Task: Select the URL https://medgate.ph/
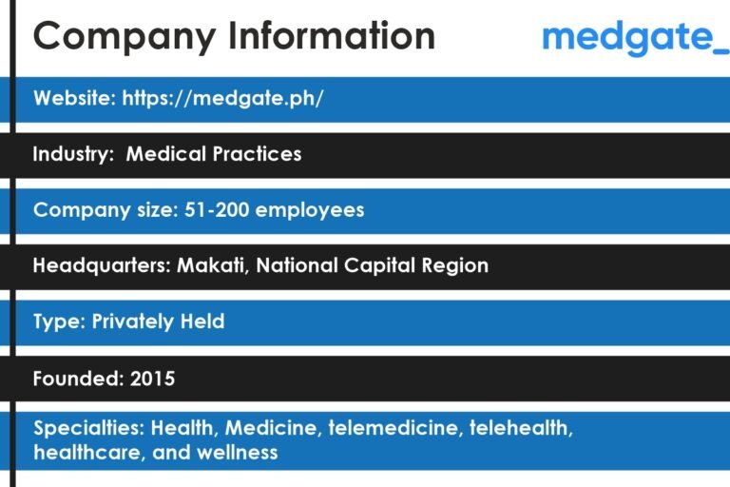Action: (x=222, y=99)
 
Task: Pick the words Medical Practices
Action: (x=214, y=154)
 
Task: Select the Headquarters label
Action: (x=102, y=265)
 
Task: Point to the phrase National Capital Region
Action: (x=372, y=265)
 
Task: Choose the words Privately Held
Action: (x=158, y=321)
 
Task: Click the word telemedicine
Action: (x=393, y=428)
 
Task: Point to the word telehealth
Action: (x=521, y=428)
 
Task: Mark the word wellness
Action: (x=237, y=452)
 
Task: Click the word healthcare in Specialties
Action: (x=86, y=452)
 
